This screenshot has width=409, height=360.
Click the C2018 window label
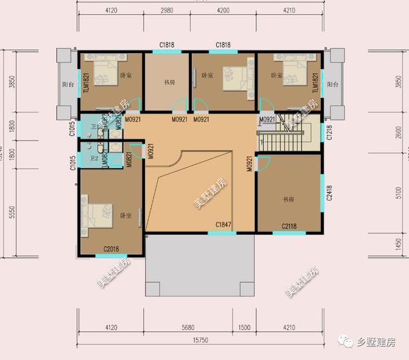pyautogui.click(x=111, y=249)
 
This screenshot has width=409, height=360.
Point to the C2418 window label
pyautogui.click(x=329, y=193)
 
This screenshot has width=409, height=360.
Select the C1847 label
pyautogui.click(x=223, y=224)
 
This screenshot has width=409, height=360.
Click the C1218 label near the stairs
pyautogui.click(x=329, y=132)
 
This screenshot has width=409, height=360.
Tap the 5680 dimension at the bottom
pyautogui.click(x=188, y=327)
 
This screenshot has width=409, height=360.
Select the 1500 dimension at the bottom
pyautogui.click(x=244, y=327)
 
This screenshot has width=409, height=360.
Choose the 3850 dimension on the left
pyautogui.click(x=11, y=83)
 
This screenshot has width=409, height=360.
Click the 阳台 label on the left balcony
pyautogui.click(x=65, y=84)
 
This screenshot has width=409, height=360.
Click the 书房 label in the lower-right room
pyautogui.click(x=289, y=200)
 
